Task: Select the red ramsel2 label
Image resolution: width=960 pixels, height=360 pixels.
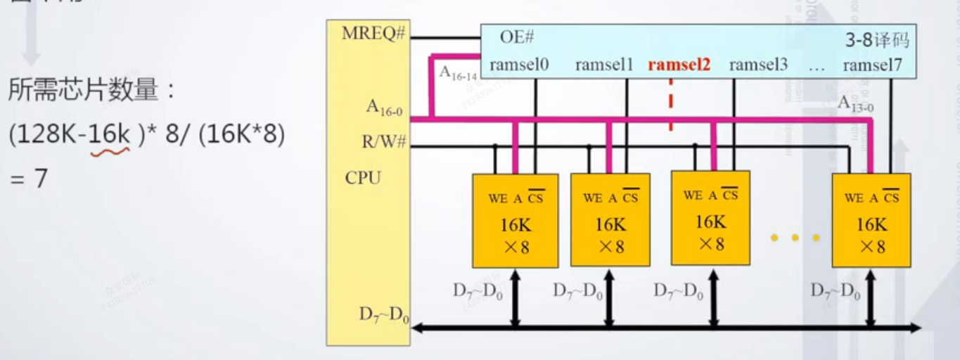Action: click(679, 65)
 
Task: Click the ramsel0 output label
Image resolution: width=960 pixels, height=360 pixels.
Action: click(519, 65)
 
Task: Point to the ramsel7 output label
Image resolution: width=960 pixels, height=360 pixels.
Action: click(871, 65)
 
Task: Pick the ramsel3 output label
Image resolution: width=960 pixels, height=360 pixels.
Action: click(758, 65)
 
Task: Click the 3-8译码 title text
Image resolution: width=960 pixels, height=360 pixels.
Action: click(877, 40)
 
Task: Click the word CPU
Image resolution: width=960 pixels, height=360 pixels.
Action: click(363, 177)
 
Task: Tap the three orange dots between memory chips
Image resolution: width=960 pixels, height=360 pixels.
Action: click(795, 238)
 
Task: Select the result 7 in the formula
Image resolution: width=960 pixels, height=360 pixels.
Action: click(40, 179)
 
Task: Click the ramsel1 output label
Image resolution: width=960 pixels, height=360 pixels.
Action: click(604, 65)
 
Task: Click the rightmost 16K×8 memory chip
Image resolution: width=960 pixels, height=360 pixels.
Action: click(871, 220)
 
